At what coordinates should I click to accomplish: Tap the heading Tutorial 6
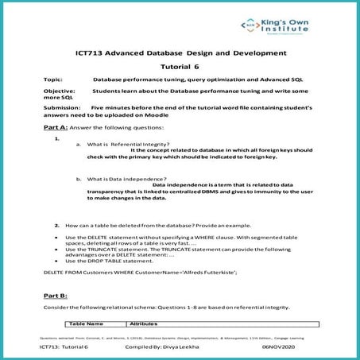[x=180, y=68]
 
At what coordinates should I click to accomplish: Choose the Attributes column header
[x=144, y=324]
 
